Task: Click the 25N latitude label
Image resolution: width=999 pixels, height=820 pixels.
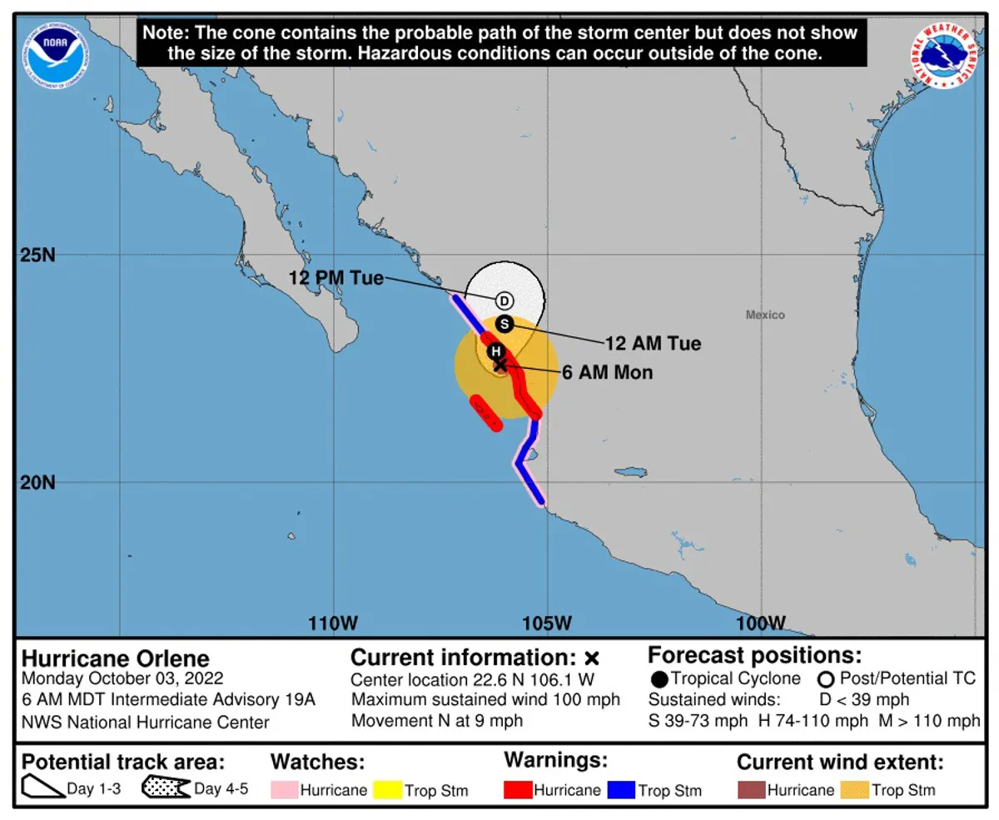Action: (37, 255)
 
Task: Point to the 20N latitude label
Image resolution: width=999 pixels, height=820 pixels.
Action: (37, 483)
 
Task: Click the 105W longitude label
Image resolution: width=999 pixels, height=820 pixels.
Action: (548, 623)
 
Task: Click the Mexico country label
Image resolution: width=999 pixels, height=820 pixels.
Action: (765, 315)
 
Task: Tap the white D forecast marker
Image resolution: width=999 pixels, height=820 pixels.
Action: (504, 301)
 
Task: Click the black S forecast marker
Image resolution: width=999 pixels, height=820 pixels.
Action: (503, 324)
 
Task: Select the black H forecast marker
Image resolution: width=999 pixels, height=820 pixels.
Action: (495, 351)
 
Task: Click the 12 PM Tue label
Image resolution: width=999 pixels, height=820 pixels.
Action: (336, 278)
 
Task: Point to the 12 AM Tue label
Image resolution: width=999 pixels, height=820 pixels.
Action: (653, 342)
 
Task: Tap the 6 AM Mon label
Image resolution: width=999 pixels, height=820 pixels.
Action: (608, 373)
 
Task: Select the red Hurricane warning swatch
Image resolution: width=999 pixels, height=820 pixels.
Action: (517, 789)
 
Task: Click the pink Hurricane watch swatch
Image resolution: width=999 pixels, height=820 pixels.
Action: (284, 789)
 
